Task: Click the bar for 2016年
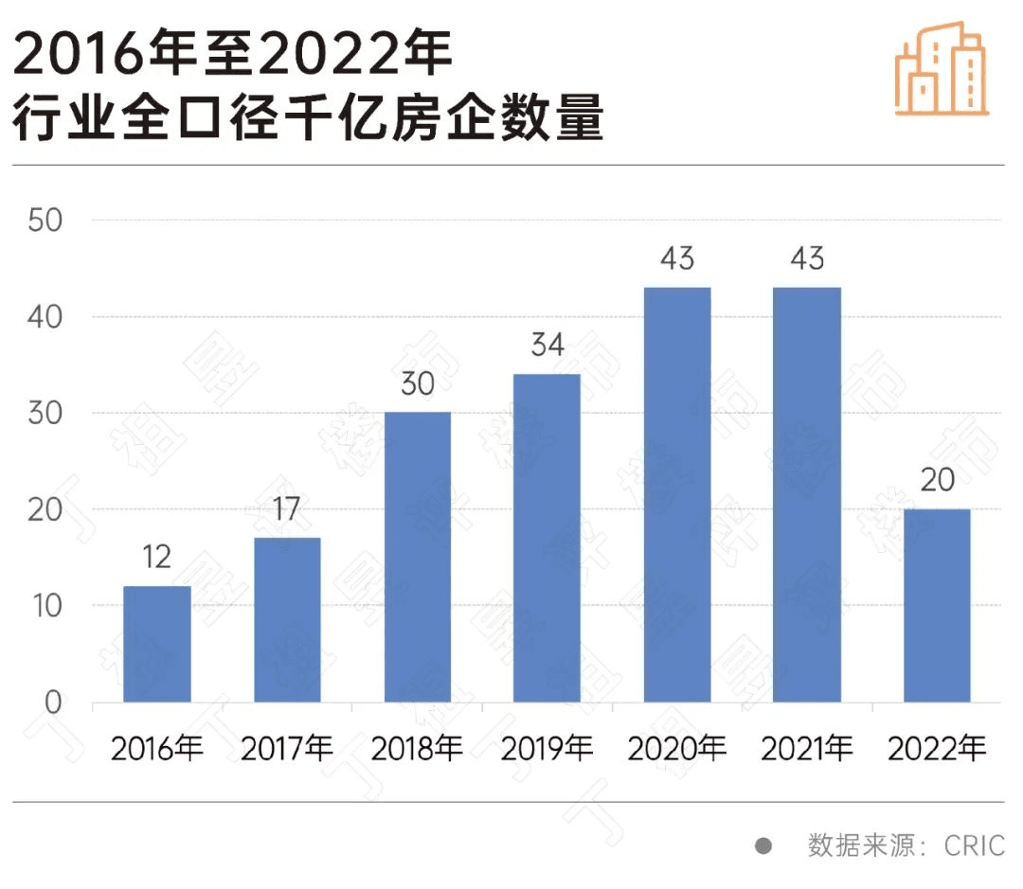157,644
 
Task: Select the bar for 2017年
287,620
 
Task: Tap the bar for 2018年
418,557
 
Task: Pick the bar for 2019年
547,538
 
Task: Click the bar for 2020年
677,494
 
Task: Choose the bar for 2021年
807,494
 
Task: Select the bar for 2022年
937,606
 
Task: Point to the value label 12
156,557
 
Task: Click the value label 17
287,509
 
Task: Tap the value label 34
547,346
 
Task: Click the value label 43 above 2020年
677,258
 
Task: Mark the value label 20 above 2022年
937,481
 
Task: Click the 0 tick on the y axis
52,702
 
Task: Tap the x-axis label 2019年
547,750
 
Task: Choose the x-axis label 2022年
937,750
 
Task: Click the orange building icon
942,68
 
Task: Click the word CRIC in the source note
974,845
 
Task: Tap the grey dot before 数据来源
763,845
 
